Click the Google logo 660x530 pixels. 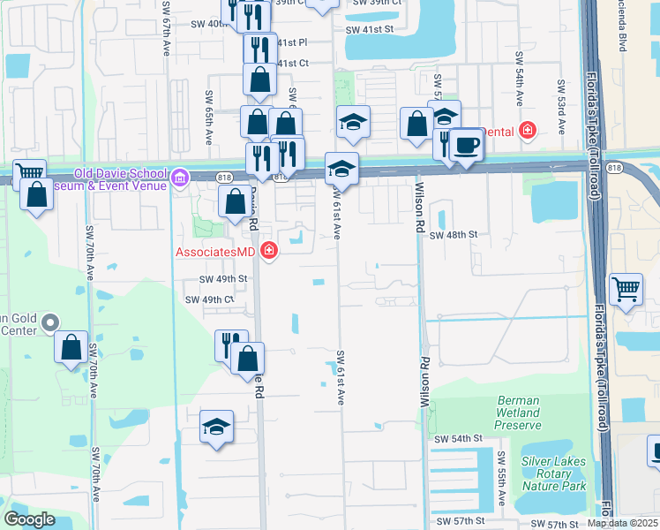coord(29,519)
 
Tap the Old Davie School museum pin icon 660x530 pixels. coord(181,178)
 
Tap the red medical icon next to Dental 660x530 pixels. coord(528,131)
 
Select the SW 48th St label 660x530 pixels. coord(454,235)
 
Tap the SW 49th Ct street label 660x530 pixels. coord(209,299)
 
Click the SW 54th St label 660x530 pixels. coord(459,438)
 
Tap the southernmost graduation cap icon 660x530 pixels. coord(216,427)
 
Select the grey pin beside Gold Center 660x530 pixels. coord(50,323)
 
